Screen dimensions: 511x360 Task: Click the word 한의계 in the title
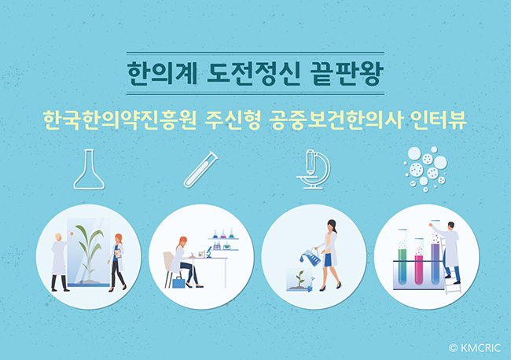click(x=162, y=73)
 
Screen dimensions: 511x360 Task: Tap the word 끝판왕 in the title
click(x=347, y=73)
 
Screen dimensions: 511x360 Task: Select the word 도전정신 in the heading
click(x=253, y=73)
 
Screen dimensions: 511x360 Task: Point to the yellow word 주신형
click(x=233, y=120)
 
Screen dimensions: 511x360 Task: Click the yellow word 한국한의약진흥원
click(x=119, y=120)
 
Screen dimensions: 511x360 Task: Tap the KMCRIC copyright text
click(x=475, y=348)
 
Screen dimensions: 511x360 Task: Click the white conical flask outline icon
click(x=89, y=170)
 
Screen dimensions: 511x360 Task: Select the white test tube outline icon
click(x=201, y=170)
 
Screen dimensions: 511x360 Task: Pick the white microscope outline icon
click(x=314, y=170)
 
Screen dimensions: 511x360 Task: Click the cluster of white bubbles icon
click(x=426, y=169)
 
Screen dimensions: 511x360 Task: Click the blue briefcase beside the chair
click(x=178, y=282)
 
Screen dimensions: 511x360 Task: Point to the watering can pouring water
click(x=311, y=256)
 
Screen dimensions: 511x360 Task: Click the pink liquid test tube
click(x=419, y=261)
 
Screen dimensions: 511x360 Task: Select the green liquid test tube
click(x=403, y=257)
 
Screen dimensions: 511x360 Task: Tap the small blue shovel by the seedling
click(x=311, y=284)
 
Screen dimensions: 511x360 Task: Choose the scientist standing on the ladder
click(x=448, y=252)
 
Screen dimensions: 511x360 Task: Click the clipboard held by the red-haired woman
click(x=118, y=253)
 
